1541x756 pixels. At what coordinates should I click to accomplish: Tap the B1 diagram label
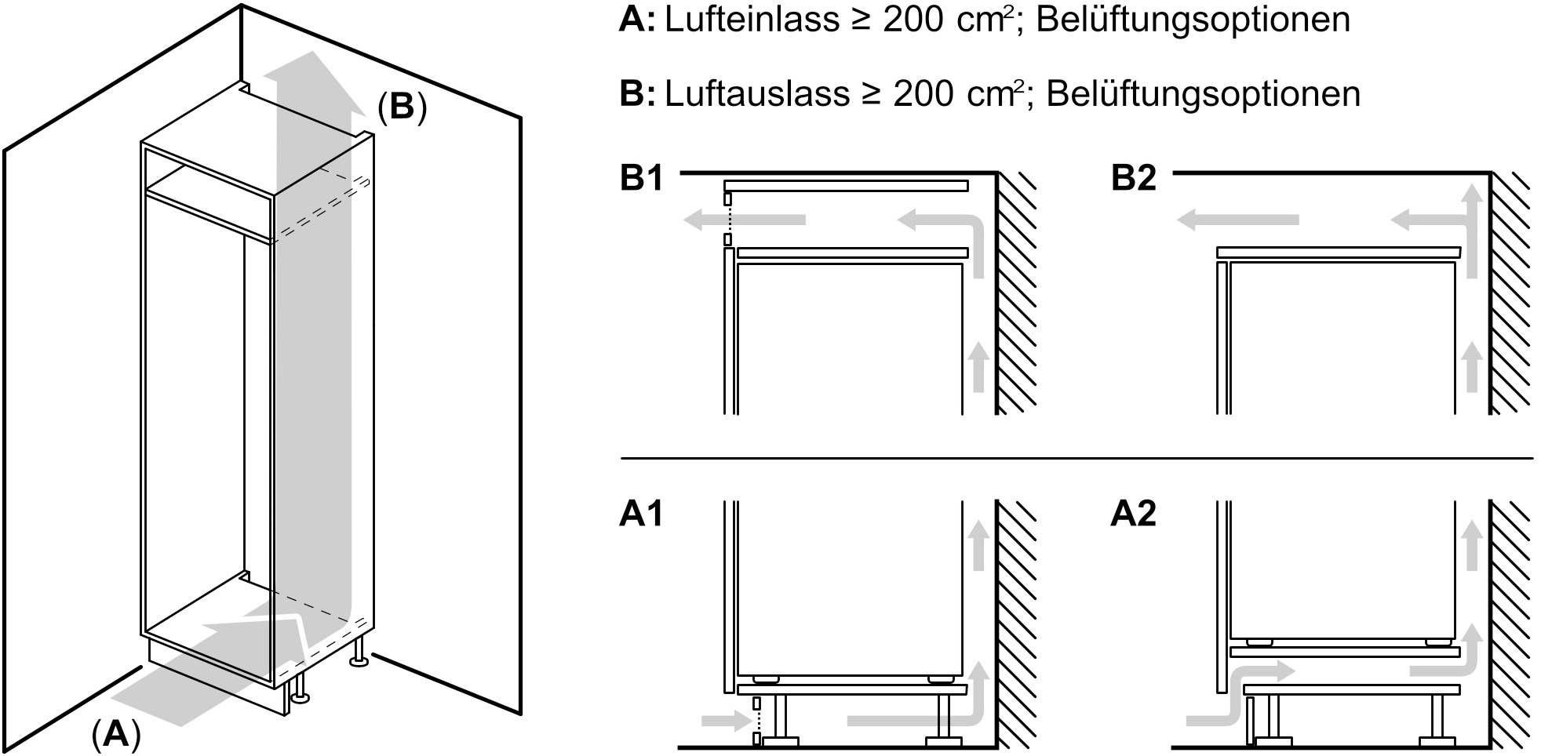(x=642, y=178)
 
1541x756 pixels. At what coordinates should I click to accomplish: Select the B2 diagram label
(x=1134, y=178)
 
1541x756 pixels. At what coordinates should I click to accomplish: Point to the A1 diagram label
(x=642, y=514)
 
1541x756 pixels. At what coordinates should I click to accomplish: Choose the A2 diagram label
(x=1134, y=514)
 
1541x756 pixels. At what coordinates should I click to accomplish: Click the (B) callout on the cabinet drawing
(x=403, y=107)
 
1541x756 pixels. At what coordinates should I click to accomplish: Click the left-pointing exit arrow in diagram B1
(x=744, y=221)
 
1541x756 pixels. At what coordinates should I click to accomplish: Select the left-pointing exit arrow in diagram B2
(x=1237, y=221)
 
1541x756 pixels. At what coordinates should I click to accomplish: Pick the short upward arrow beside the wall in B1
(x=978, y=365)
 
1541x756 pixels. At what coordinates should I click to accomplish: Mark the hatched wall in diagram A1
(x=1017, y=624)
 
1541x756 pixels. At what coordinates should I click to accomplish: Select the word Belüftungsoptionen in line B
(x=1203, y=94)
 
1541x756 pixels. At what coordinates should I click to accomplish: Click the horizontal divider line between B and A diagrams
(x=1077, y=458)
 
